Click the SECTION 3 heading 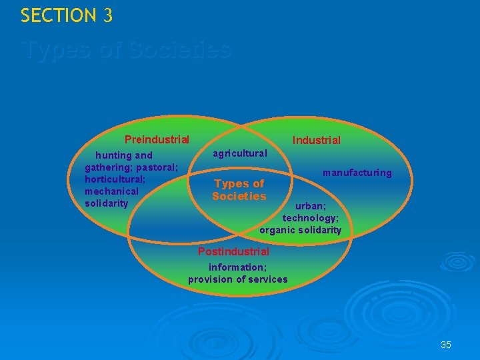67,15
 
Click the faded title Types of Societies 127,50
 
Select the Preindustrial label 157,140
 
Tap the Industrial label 316,140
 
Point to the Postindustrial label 233,251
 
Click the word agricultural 239,153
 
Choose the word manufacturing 357,173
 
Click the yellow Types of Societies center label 239,189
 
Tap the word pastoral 157,167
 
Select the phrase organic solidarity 300,230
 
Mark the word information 237,267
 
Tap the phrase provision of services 237,279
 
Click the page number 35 446,345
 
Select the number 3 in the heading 108,15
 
